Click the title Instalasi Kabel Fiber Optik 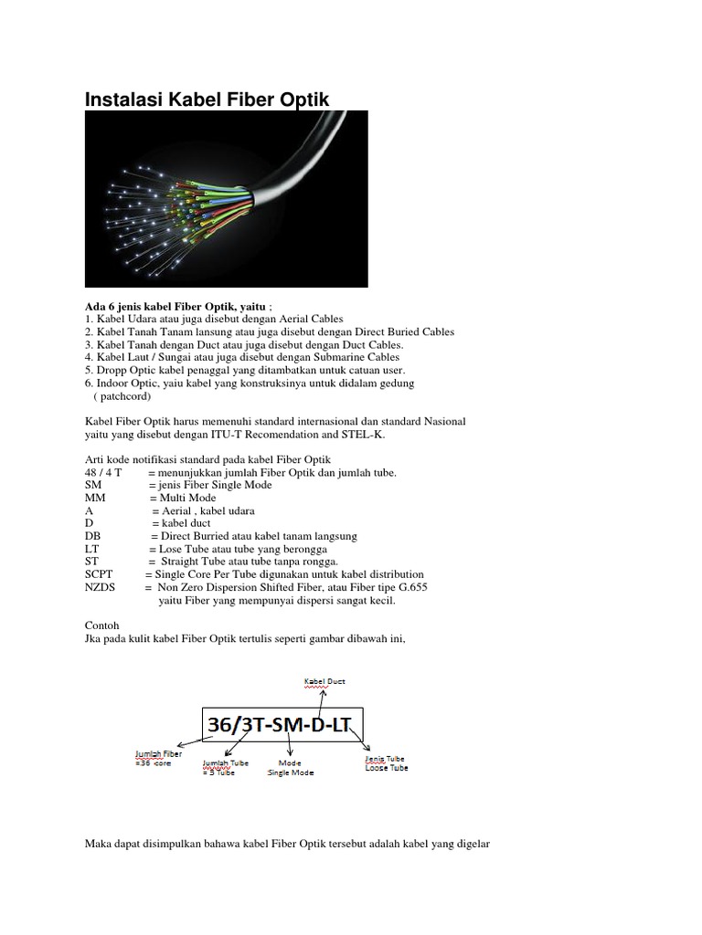tap(207, 99)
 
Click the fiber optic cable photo tap(227, 199)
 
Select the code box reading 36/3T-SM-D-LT tap(286, 726)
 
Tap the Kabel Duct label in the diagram tap(324, 681)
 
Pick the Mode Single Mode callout tap(290, 766)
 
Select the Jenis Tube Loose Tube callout tap(385, 762)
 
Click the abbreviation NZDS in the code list tap(101, 588)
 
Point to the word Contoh tap(101, 625)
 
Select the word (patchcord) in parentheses tap(122, 396)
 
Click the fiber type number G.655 tap(408, 588)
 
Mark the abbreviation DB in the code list tap(92, 536)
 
